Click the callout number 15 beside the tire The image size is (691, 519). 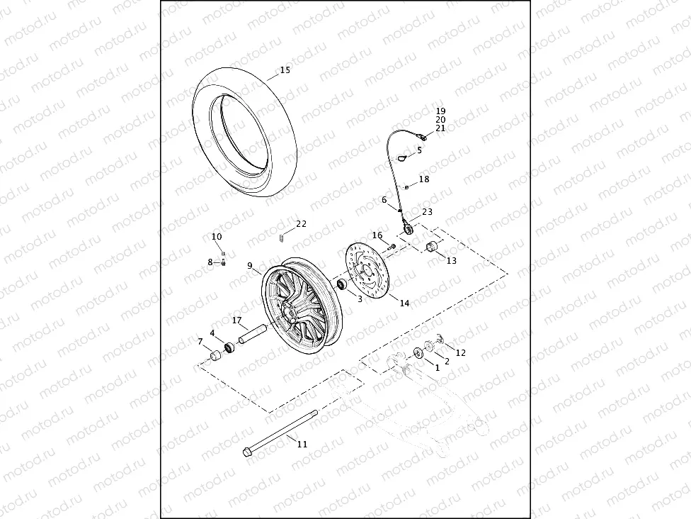click(x=285, y=70)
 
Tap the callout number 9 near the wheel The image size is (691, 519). click(x=250, y=267)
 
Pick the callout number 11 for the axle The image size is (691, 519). click(x=302, y=445)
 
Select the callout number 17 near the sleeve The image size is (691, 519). click(x=237, y=320)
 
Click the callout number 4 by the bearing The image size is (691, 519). click(x=212, y=333)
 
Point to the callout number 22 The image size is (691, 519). click(x=302, y=224)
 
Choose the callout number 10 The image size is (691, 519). click(x=217, y=237)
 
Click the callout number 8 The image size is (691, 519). click(x=210, y=262)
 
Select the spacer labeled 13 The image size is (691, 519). click(x=430, y=246)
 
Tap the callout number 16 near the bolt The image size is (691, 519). click(x=377, y=235)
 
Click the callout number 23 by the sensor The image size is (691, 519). click(x=427, y=212)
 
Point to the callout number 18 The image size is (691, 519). click(x=424, y=180)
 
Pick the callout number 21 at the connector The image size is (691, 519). click(x=440, y=128)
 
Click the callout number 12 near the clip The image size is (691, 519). click(x=461, y=352)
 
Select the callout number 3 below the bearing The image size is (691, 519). click(x=360, y=300)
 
